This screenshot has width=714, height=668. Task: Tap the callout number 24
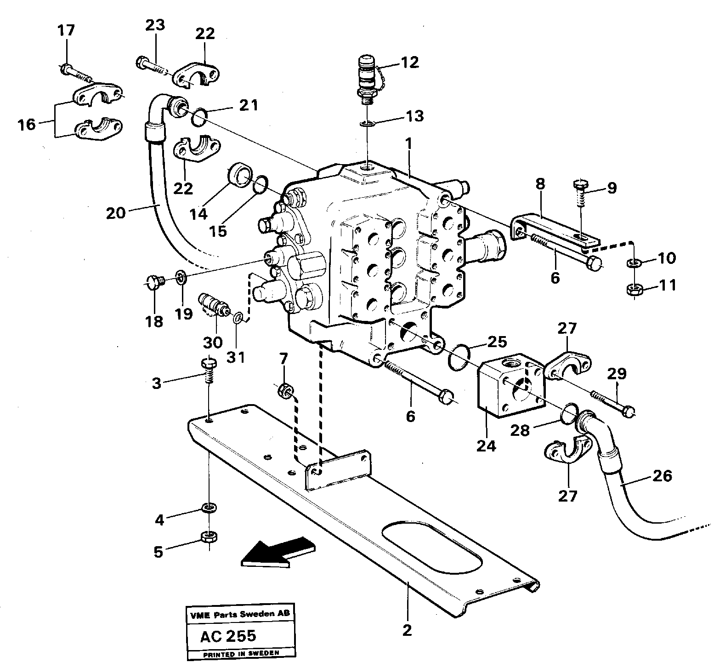[x=486, y=445]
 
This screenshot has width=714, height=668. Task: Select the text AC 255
[x=228, y=636]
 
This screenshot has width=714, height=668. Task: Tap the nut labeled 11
[x=634, y=290]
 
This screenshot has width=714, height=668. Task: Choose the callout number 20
[x=116, y=213]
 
